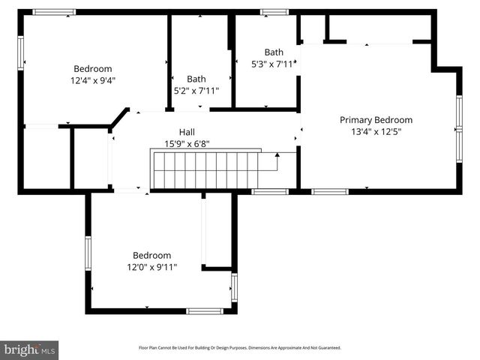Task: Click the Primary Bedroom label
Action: [x=376, y=120]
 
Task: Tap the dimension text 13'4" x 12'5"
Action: [x=376, y=131]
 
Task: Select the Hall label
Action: [x=187, y=132]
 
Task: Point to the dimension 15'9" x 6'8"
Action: [x=187, y=143]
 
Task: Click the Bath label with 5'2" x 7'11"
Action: [x=196, y=79]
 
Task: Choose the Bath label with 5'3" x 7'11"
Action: [x=274, y=52]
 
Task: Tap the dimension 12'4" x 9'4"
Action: [x=93, y=79]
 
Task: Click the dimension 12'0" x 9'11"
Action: [x=152, y=266]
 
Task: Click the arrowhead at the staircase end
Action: [x=277, y=155]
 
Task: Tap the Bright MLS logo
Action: [x=30, y=349]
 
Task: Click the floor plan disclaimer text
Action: [x=240, y=348]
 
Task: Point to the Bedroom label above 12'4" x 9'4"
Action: [x=93, y=68]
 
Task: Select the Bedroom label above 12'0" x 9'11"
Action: [x=152, y=255]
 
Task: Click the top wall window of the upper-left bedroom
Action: [x=54, y=12]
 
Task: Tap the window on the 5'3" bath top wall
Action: [x=274, y=12]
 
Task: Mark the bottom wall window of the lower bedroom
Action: [x=204, y=310]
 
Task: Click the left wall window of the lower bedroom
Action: [x=88, y=253]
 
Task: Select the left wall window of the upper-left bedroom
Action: [x=21, y=54]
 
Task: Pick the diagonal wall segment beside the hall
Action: [x=118, y=118]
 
